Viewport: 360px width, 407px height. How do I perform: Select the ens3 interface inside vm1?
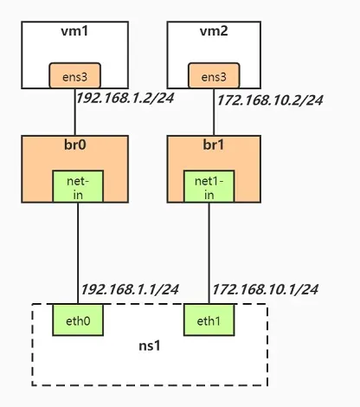pos(76,76)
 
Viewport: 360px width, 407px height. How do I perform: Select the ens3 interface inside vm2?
pos(213,76)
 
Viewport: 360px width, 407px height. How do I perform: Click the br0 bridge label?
pos(77,145)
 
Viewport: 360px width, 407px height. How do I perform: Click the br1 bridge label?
pos(213,145)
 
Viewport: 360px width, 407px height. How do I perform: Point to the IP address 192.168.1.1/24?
pos(129,288)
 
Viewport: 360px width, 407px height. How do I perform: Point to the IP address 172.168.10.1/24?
pos(265,288)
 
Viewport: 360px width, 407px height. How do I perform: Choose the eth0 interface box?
pos(77,321)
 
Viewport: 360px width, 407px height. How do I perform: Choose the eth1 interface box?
pos(209,321)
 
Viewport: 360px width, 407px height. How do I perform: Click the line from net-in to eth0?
pos(77,251)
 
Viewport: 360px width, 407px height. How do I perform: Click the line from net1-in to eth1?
pos(209,251)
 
